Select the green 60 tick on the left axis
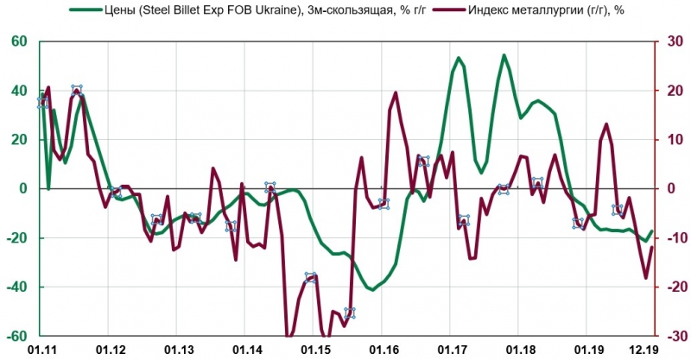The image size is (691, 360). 19,42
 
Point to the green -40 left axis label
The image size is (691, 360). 16,287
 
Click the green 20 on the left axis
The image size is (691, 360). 19,140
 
